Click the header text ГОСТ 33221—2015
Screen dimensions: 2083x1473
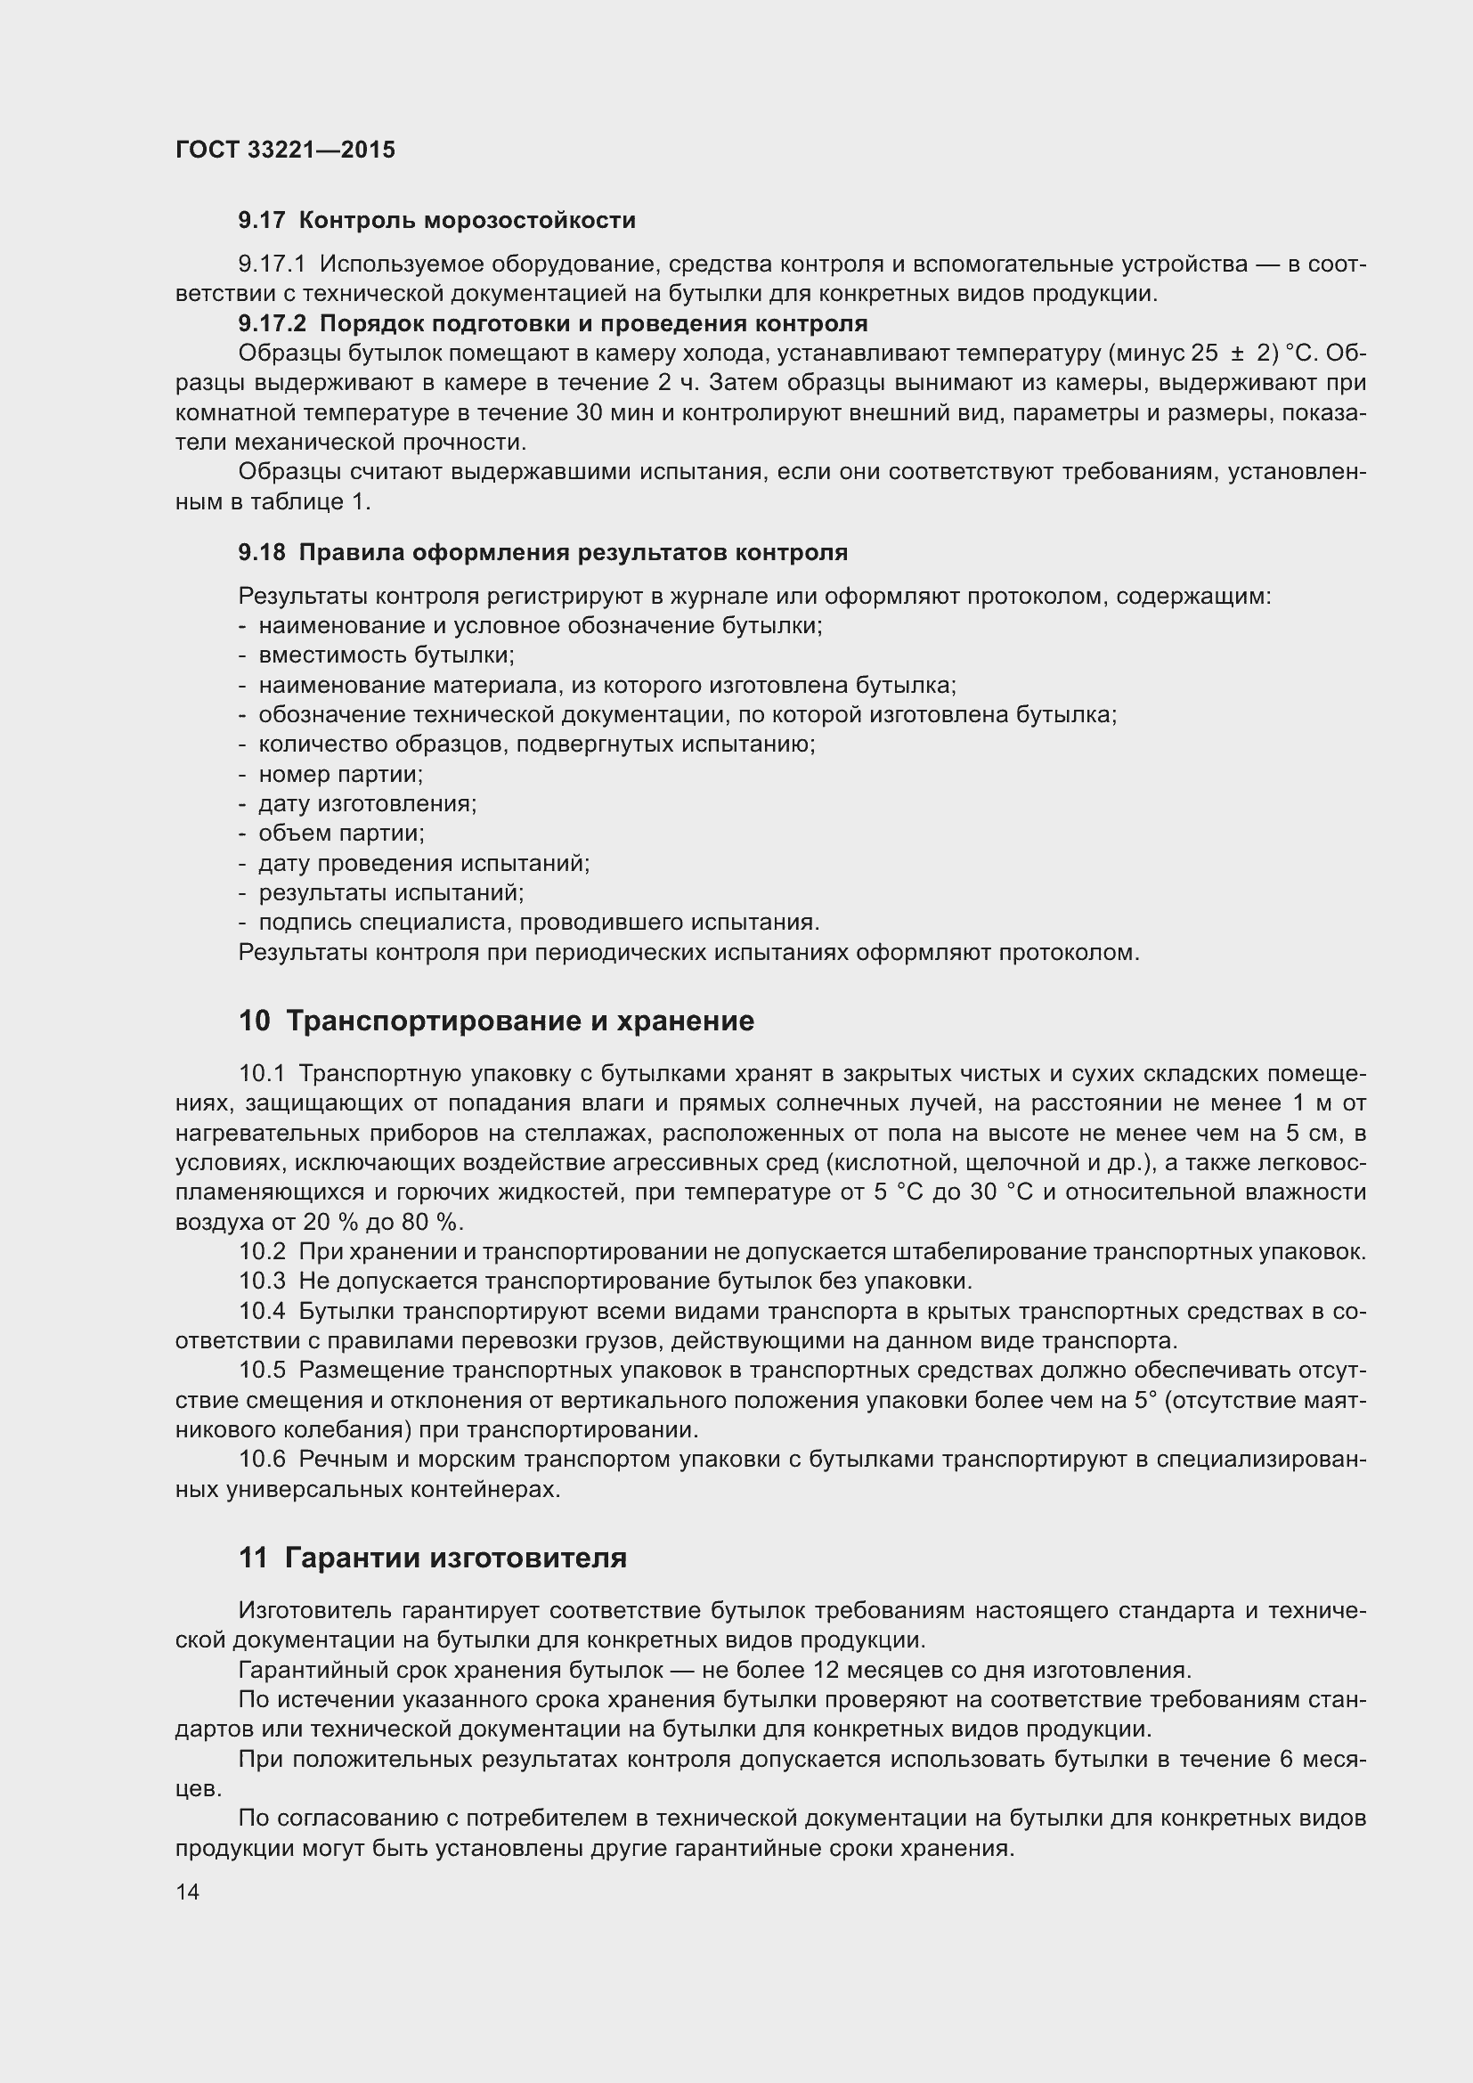point(285,150)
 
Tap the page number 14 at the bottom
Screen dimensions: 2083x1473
point(188,1892)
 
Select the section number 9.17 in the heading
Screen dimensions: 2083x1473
point(261,221)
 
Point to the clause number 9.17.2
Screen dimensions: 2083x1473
point(273,324)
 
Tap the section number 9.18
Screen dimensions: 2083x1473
point(261,552)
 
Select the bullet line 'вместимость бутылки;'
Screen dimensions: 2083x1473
point(387,655)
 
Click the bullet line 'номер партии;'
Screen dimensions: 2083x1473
point(341,774)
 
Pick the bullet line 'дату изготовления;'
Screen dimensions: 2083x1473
point(367,804)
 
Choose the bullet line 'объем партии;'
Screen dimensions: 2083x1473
point(342,833)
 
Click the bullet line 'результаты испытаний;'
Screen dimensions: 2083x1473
point(391,892)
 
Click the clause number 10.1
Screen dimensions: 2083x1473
point(262,1073)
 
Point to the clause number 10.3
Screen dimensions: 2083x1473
point(262,1281)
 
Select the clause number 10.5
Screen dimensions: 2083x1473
point(262,1370)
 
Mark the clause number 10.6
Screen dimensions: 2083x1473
point(262,1459)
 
